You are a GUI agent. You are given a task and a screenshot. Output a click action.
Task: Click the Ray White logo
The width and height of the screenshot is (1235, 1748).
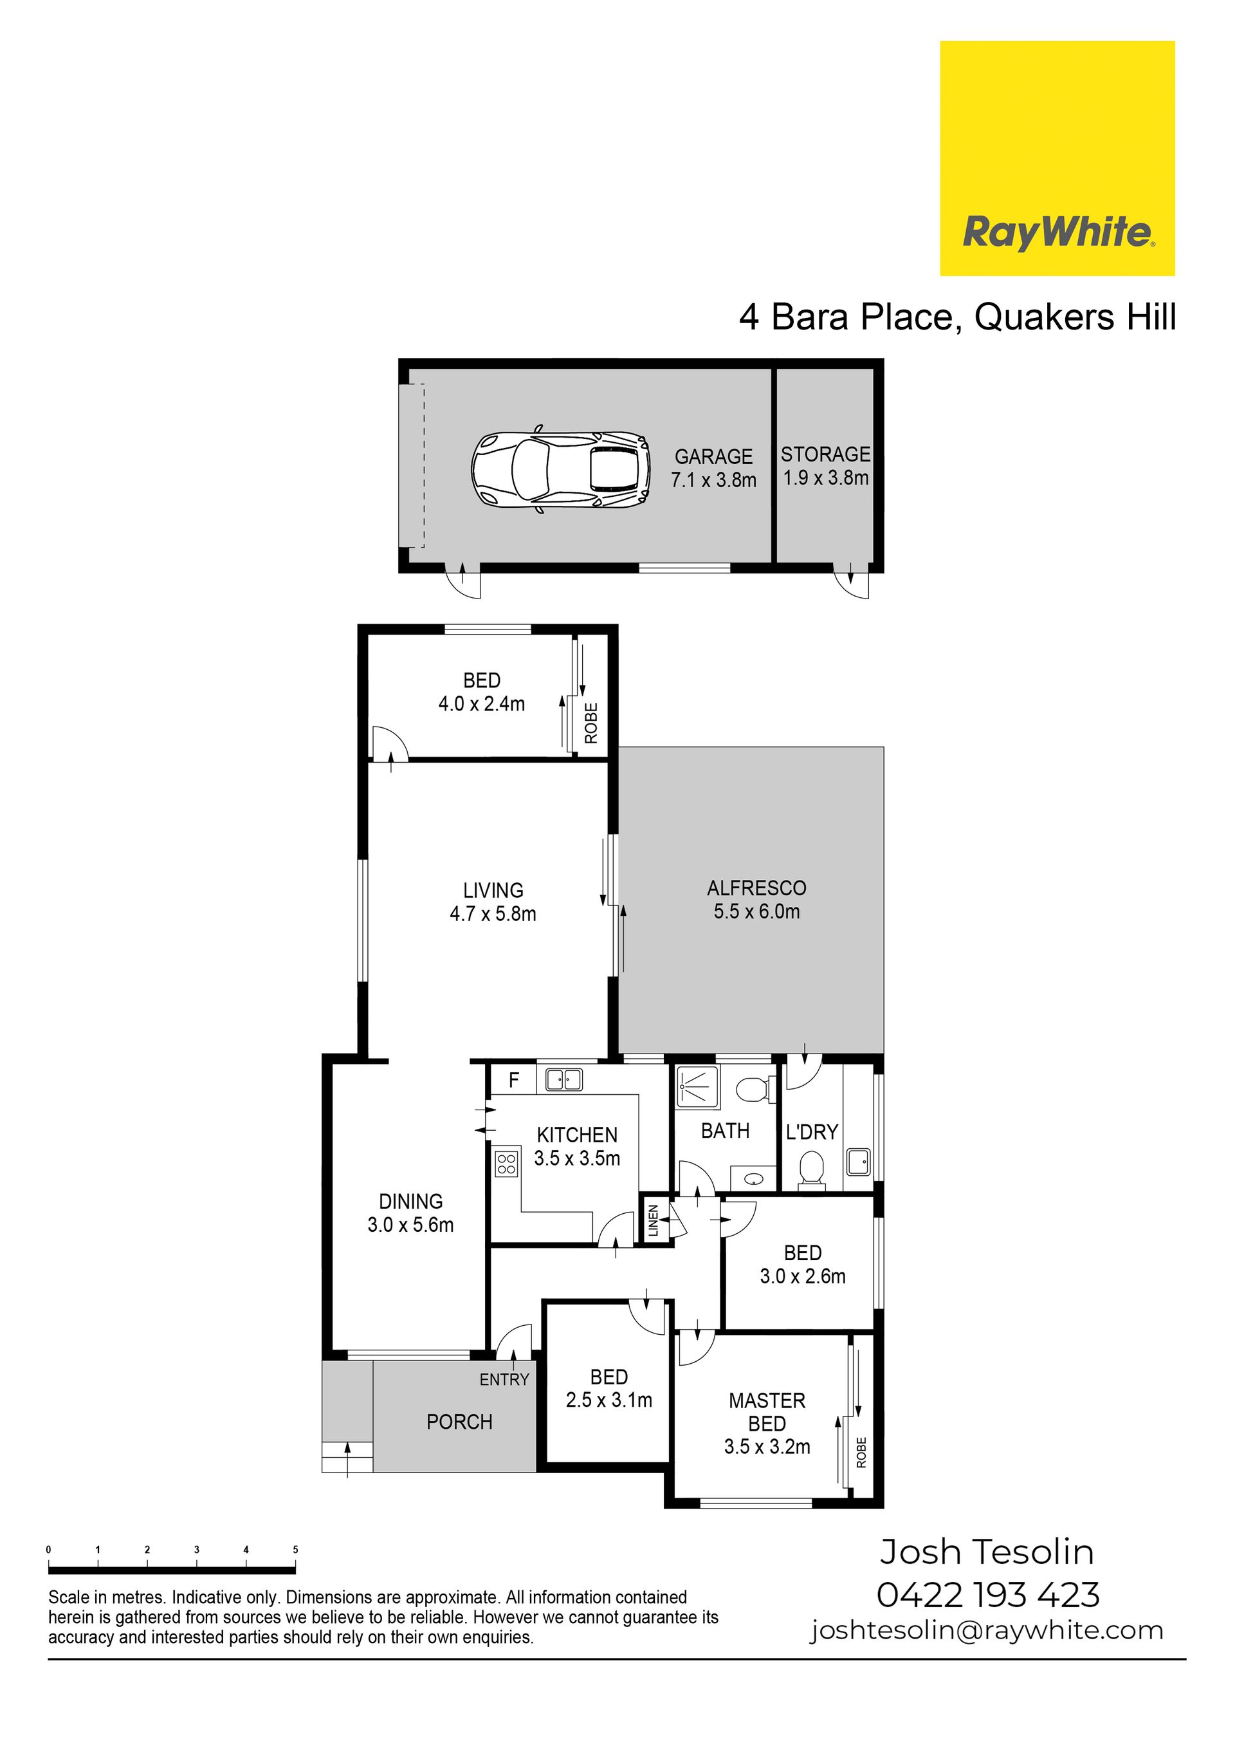tap(1057, 158)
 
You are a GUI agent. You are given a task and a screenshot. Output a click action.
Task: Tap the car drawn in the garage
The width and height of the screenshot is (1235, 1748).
tap(560, 469)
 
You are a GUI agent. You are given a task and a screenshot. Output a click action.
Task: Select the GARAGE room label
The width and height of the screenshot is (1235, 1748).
tap(714, 457)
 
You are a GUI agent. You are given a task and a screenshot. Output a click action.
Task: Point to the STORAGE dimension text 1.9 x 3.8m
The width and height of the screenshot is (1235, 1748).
tap(826, 478)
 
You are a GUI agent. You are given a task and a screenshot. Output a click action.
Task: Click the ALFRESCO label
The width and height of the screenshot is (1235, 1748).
tap(756, 888)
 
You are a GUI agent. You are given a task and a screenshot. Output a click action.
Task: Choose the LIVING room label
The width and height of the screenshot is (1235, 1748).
tap(493, 890)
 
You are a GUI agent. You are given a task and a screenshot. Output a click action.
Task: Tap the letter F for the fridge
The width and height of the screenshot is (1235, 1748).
tap(514, 1079)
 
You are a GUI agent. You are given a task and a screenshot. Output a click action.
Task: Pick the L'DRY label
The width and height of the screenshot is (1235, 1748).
tap(812, 1132)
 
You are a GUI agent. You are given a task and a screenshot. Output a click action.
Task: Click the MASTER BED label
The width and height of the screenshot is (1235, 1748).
tap(767, 1412)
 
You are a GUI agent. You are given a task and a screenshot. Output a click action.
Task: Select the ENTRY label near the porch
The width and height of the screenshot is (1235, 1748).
tap(504, 1379)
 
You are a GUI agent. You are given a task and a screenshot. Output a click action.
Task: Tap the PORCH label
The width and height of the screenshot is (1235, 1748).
tap(460, 1422)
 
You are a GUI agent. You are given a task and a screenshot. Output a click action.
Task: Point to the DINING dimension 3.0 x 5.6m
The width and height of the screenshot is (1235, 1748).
tap(410, 1225)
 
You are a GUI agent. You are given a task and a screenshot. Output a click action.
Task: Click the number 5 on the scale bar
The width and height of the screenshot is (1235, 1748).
tap(295, 1549)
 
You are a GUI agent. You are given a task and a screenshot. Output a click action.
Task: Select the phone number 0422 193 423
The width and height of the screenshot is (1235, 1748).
tap(989, 1595)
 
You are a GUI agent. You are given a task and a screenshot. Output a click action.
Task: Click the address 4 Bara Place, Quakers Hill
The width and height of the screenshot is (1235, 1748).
tap(958, 317)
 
